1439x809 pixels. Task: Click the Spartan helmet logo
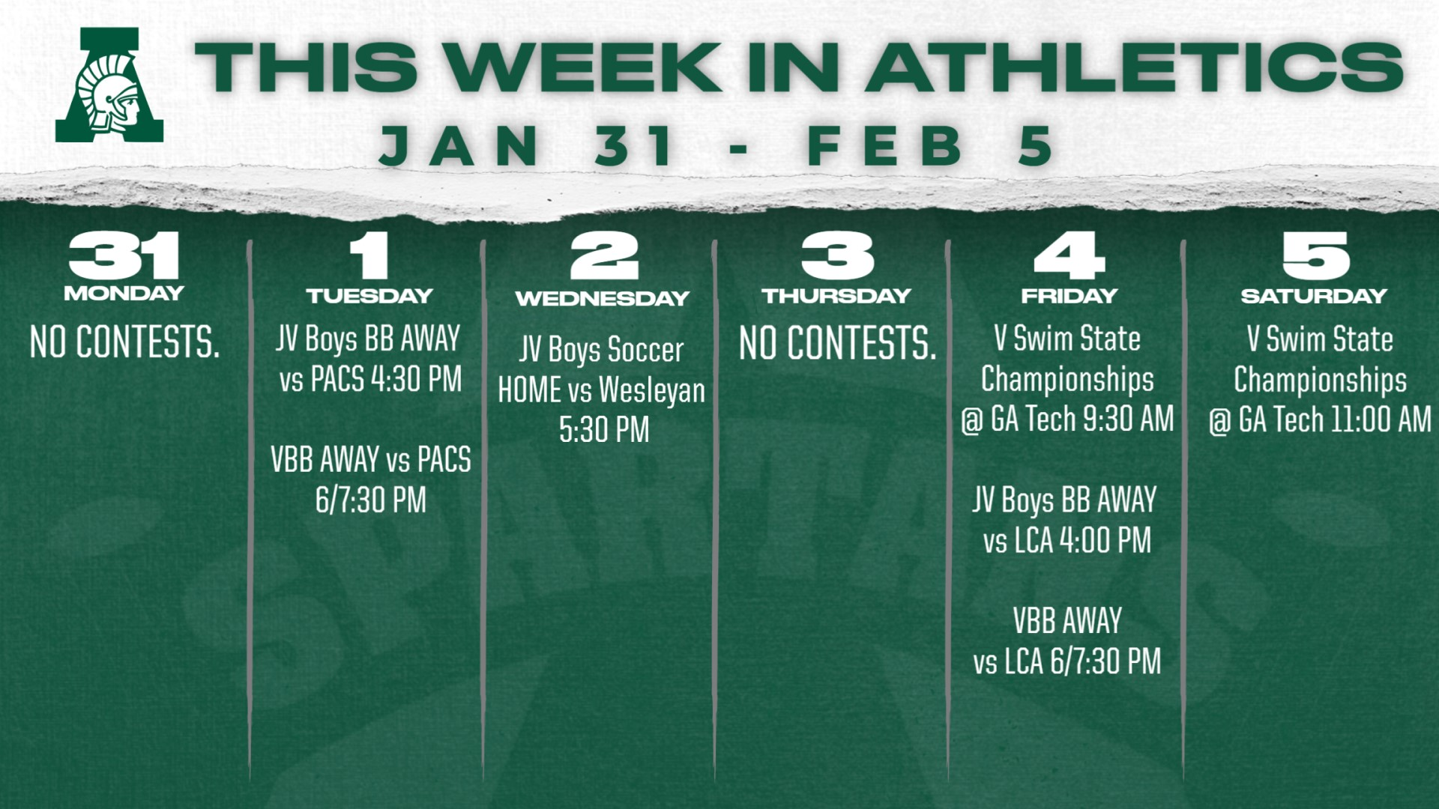click(109, 85)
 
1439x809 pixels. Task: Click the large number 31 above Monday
click(124, 255)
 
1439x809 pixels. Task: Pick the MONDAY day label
click(124, 293)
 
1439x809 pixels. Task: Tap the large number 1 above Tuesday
click(369, 255)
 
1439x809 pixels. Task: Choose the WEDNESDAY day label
click(603, 298)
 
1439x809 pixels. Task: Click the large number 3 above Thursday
click(837, 255)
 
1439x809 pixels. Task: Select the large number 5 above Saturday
click(1315, 255)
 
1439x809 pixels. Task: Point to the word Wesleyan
click(652, 391)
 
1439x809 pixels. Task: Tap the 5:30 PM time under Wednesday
click(604, 430)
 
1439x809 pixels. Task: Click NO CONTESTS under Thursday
click(838, 343)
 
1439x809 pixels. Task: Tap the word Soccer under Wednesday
click(645, 350)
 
